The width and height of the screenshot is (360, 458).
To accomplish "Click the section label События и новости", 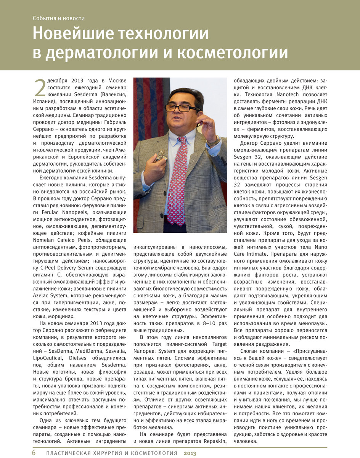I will coord(58,18).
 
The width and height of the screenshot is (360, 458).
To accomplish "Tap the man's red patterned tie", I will coord(178,179).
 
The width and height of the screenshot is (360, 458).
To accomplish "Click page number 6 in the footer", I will coord(34,453).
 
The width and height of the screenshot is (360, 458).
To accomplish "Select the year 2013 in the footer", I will coord(190,453).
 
